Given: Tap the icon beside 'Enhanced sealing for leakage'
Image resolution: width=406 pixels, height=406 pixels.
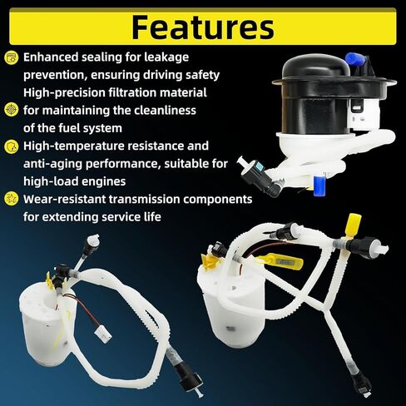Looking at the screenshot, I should pos(11,57).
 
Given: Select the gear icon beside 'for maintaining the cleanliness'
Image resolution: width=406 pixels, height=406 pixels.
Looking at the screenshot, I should pos(11,109).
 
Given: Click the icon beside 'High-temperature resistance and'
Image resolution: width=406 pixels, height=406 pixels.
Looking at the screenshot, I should pos(11,146).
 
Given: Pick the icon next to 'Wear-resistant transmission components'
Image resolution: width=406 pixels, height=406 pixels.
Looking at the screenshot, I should pos(11,199).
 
